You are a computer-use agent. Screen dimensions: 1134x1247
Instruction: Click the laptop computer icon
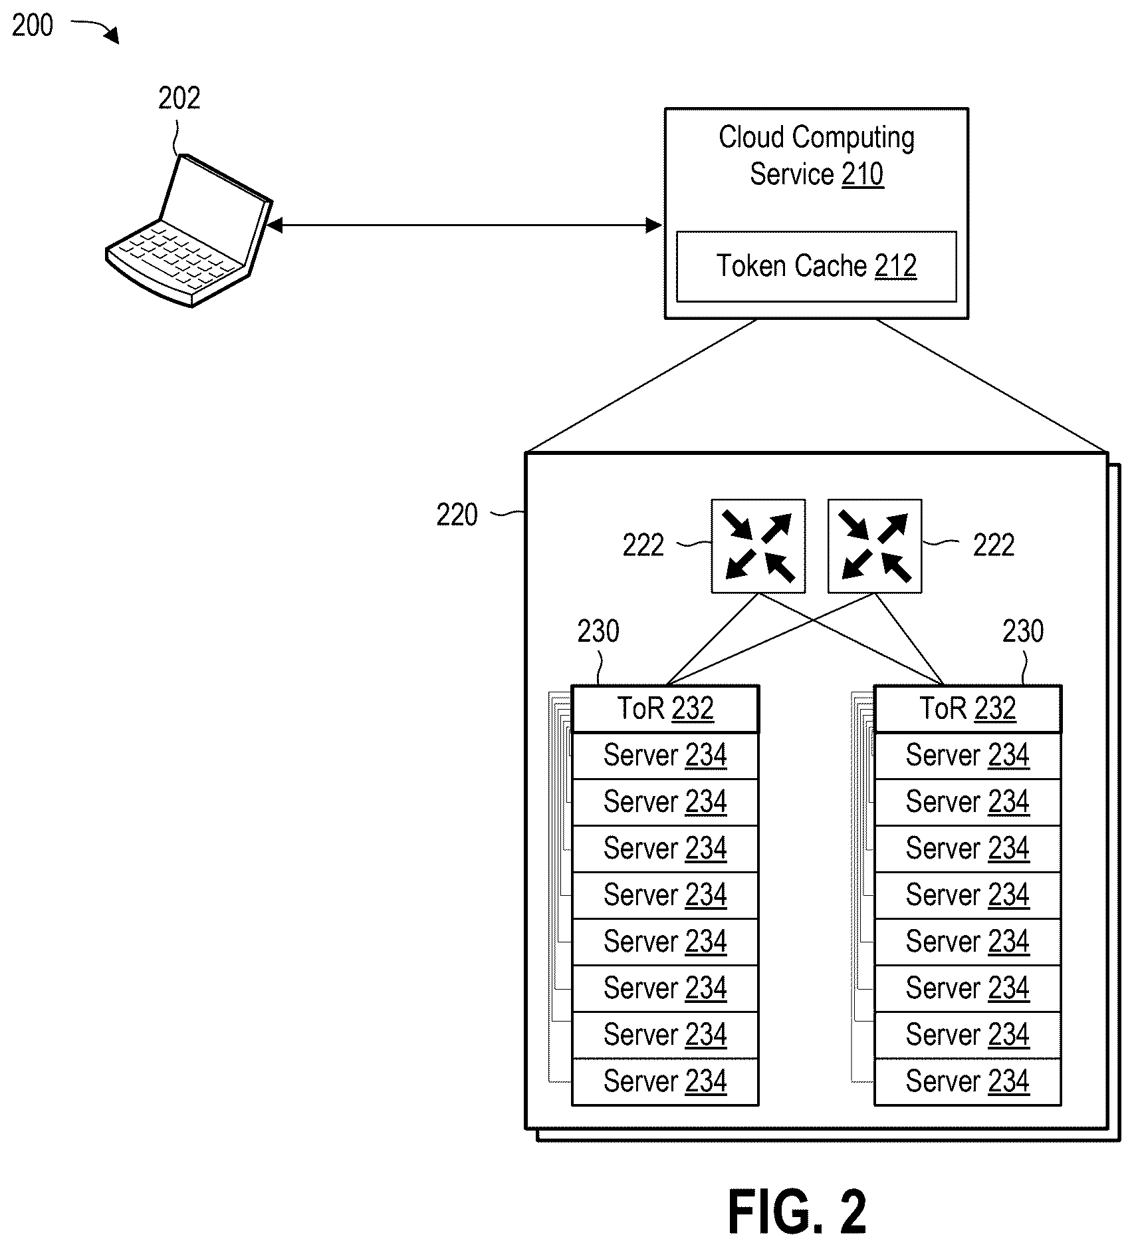click(189, 231)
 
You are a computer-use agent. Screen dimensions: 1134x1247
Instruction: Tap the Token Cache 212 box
click(816, 267)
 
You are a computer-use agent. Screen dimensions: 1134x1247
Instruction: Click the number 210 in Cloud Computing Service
click(863, 174)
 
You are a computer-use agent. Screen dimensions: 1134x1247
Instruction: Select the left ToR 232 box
click(665, 709)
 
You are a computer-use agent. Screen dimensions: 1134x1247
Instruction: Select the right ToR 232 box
click(967, 709)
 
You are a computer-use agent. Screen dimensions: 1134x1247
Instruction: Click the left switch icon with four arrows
click(758, 546)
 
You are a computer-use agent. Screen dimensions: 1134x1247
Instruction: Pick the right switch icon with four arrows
click(875, 546)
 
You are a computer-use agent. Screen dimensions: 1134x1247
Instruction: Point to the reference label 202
click(179, 98)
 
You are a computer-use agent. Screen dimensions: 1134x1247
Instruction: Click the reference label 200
click(33, 25)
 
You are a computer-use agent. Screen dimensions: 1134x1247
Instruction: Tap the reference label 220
click(457, 515)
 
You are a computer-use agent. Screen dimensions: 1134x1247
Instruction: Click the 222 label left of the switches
click(643, 545)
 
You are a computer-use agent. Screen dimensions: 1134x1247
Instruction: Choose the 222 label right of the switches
click(994, 545)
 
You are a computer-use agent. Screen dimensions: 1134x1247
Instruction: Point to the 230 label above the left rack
click(598, 631)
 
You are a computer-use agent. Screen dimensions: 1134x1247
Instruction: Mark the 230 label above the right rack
click(1023, 631)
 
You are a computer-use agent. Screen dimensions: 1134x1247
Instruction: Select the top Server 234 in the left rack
click(665, 756)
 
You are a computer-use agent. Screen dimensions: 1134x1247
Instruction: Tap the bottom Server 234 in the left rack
click(665, 1082)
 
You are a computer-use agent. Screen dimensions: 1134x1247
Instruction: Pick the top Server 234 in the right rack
click(967, 756)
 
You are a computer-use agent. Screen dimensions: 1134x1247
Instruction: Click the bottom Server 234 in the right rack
click(967, 1082)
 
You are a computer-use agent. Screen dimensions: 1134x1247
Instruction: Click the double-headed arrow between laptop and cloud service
click(464, 225)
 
